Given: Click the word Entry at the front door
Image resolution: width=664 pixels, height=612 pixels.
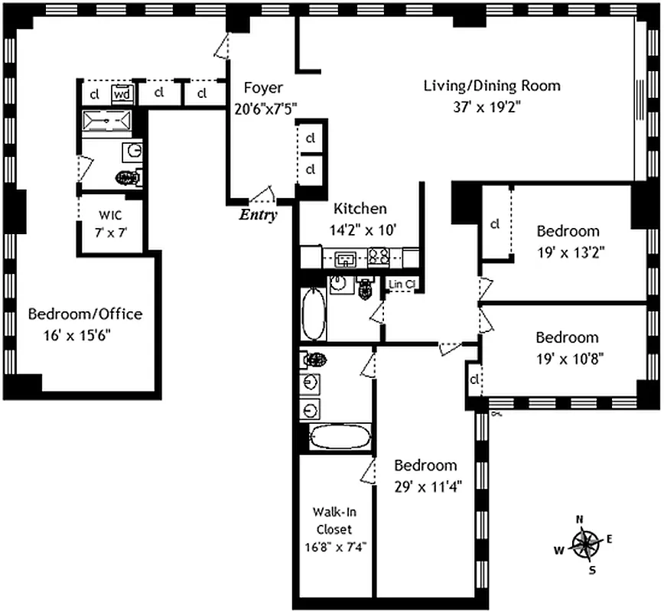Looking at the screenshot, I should [258, 215].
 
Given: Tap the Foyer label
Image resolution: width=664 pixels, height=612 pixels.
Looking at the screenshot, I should [263, 87].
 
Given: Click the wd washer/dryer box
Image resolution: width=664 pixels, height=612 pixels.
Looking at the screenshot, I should [122, 94].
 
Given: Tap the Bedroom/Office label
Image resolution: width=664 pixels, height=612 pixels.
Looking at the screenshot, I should [85, 314].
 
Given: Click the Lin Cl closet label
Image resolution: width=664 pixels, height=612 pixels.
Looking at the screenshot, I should [402, 285].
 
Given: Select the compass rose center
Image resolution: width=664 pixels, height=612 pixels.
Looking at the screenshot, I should [585, 544].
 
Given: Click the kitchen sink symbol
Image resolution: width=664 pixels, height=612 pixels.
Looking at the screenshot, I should [346, 258].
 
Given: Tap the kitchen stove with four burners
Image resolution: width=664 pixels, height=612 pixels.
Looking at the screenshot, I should [377, 257].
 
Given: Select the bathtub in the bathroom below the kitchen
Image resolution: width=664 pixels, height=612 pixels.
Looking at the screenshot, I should [314, 314].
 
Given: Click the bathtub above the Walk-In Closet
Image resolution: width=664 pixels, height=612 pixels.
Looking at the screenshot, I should [340, 438].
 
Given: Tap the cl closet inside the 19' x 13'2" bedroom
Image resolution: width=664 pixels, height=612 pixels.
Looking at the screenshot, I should [495, 224].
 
